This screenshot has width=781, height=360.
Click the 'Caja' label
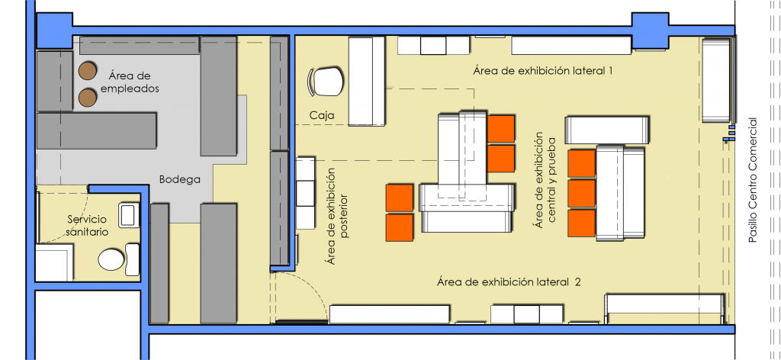coord(322,115)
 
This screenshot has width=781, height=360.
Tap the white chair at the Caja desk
coord(326,82)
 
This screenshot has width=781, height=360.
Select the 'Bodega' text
coord(180,179)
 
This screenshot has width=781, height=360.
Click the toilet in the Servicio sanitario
coord(111,259)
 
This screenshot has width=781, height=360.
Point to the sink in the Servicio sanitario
coord(128,216)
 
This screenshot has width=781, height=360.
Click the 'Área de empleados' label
coord(130,82)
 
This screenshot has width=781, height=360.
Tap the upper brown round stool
coord(87,71)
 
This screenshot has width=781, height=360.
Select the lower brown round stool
coord(87,98)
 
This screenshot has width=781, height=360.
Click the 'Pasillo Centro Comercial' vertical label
coord(752,180)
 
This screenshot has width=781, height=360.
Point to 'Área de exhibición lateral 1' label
coord(542,71)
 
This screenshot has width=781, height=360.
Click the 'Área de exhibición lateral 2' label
coord(509,282)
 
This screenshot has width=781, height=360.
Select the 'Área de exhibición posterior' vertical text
coord(337,216)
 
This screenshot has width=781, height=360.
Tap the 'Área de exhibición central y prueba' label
coord(546,180)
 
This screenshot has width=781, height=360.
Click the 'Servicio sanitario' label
coord(87,226)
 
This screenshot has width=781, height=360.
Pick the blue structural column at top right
coord(650,31)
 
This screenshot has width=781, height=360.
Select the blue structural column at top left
coord(55,31)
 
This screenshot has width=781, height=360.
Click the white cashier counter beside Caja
coord(367,81)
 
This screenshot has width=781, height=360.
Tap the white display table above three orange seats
coord(606,130)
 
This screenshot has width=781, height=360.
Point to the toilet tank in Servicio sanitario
coord(132,259)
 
